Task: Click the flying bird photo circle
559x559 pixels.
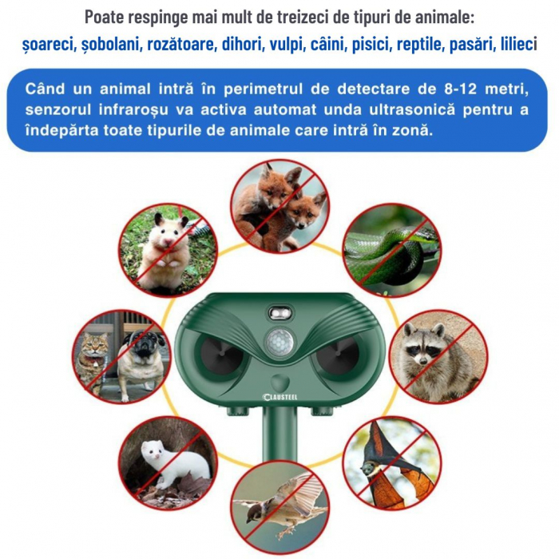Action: click(279, 507)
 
